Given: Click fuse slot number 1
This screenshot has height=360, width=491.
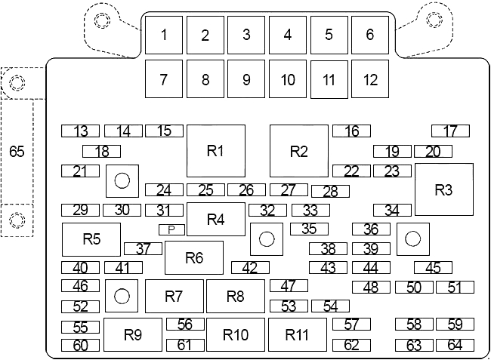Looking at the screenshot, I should coord(164,35).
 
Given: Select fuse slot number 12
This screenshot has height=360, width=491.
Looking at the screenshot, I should coord(369,78).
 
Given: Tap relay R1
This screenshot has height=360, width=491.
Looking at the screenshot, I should coord(216,150).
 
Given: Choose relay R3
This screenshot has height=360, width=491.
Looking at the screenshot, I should coord(443,190).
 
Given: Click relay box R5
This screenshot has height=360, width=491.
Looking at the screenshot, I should coord(91,239).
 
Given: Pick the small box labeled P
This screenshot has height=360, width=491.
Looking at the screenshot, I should coord(171,229).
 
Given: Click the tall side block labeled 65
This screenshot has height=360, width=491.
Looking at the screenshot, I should coord(17,152).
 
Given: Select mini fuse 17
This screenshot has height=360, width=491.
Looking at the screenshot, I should coord(450,131).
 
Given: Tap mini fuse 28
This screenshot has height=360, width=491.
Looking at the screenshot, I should coord(330,192).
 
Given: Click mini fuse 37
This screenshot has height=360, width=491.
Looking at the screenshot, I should coord(143,248).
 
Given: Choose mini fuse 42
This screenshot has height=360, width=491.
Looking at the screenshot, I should coord(250,267).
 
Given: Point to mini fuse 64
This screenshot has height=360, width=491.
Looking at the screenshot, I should coord(455,346).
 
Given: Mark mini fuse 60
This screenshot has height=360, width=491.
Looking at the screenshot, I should coord(81,346).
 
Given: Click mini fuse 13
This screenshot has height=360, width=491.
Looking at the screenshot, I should coord(81,131).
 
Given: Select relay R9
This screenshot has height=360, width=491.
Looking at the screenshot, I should coord(133,334).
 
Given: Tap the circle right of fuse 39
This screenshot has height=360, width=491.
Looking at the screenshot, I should coord(412,239).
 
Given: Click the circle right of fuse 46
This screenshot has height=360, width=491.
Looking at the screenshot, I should coord(121,296).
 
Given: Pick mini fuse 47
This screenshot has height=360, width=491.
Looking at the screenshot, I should coord(289,286).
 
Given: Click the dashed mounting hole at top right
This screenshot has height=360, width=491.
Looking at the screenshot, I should coord(435,18).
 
